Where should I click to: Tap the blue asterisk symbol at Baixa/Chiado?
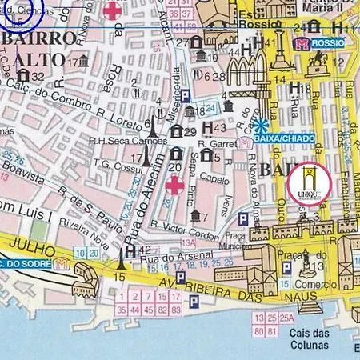(262, 125)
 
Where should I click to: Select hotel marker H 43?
(212, 127)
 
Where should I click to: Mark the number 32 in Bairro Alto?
(38, 77)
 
